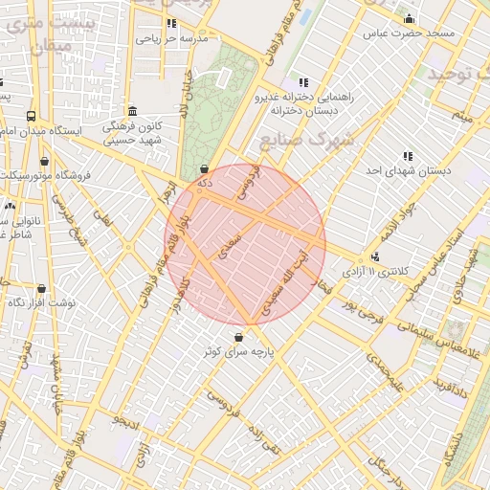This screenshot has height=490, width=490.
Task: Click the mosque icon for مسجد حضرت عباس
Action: tap(410, 19)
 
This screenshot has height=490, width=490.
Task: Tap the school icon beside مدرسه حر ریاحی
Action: tap(171, 24)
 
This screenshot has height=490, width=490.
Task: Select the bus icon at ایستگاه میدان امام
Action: tap(30, 114)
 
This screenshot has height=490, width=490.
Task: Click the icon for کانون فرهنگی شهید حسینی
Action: tap(131, 110)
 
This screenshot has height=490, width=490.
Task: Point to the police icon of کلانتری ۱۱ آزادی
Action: tap(375, 256)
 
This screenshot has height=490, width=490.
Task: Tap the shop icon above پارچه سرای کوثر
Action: tap(237, 336)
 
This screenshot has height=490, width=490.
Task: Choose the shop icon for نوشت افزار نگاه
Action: tap(40, 288)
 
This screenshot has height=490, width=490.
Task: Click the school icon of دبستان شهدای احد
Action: tap(408, 156)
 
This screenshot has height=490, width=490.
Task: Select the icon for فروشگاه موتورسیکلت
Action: tap(44, 162)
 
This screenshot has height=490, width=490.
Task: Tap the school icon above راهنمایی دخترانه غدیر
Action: tap(303, 83)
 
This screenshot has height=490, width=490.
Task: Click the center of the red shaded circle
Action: tap(246, 244)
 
